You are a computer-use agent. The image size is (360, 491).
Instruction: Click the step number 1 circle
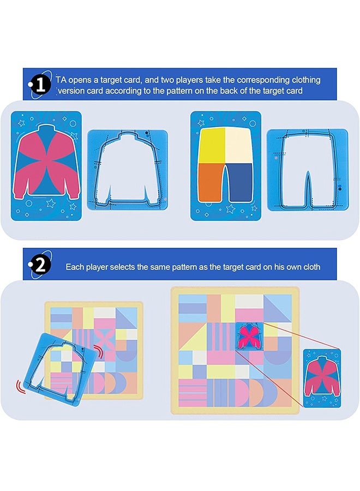click(x=40, y=85)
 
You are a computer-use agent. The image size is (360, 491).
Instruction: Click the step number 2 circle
click(x=40, y=266)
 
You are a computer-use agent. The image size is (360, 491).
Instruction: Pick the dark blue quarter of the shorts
click(x=242, y=184)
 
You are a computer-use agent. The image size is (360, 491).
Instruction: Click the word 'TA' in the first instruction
click(x=61, y=80)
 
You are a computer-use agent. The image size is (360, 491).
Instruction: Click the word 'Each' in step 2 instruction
click(x=75, y=267)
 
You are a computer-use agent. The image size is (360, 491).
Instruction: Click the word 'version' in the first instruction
click(x=73, y=91)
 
